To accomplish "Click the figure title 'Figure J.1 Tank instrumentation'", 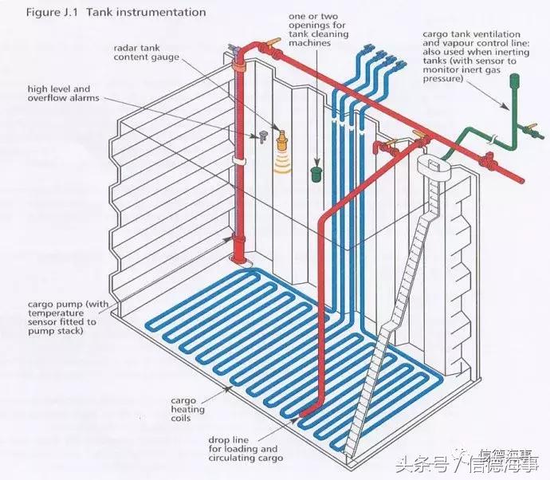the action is coord(116,13).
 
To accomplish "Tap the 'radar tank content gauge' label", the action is coord(147,53).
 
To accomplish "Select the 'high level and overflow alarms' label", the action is coord(64,93).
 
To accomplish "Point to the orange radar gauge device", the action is coord(281,140).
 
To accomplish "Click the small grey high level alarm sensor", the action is coord(263,136).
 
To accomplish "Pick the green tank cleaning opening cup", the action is coord(317,174).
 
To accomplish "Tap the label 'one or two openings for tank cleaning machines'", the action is coord(319,30).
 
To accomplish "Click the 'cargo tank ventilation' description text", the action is coord(476,56).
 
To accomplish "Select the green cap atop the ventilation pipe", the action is coord(514,80).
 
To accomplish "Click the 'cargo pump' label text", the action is coord(68,317).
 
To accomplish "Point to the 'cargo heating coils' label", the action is coord(187,409).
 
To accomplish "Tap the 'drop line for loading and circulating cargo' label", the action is coord(246,449).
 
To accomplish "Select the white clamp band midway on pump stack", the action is coord(238,161).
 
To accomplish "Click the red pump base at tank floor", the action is coord(238,249).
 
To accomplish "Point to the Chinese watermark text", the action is coord(467,462).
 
